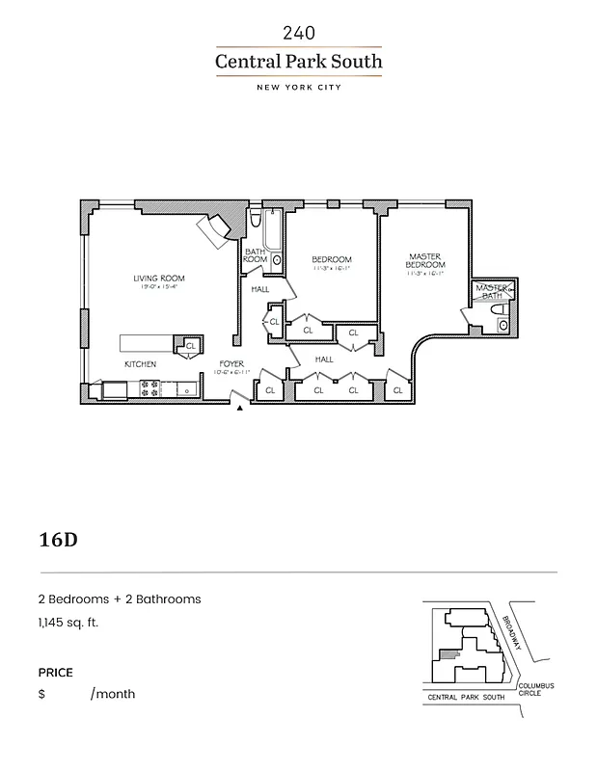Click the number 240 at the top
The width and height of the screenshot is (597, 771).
(x=298, y=33)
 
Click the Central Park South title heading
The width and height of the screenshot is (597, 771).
(x=298, y=63)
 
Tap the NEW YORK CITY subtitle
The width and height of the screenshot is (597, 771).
(x=298, y=88)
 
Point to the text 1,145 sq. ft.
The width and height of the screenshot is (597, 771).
(x=68, y=623)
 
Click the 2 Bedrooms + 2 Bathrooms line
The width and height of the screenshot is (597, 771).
(x=120, y=598)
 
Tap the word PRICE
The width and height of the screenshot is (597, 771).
(x=55, y=673)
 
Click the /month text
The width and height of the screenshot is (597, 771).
(x=113, y=694)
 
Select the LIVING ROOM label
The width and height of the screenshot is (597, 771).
(x=159, y=279)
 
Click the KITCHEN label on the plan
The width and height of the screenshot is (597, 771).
(x=140, y=365)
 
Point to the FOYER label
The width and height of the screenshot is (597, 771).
(x=231, y=364)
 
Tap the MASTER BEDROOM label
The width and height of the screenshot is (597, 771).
(x=424, y=260)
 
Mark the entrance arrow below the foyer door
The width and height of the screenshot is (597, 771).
(x=239, y=409)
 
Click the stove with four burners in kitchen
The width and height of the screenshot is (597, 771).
(x=150, y=388)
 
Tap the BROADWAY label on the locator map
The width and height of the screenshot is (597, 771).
(x=510, y=633)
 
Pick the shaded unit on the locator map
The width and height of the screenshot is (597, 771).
(x=446, y=654)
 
